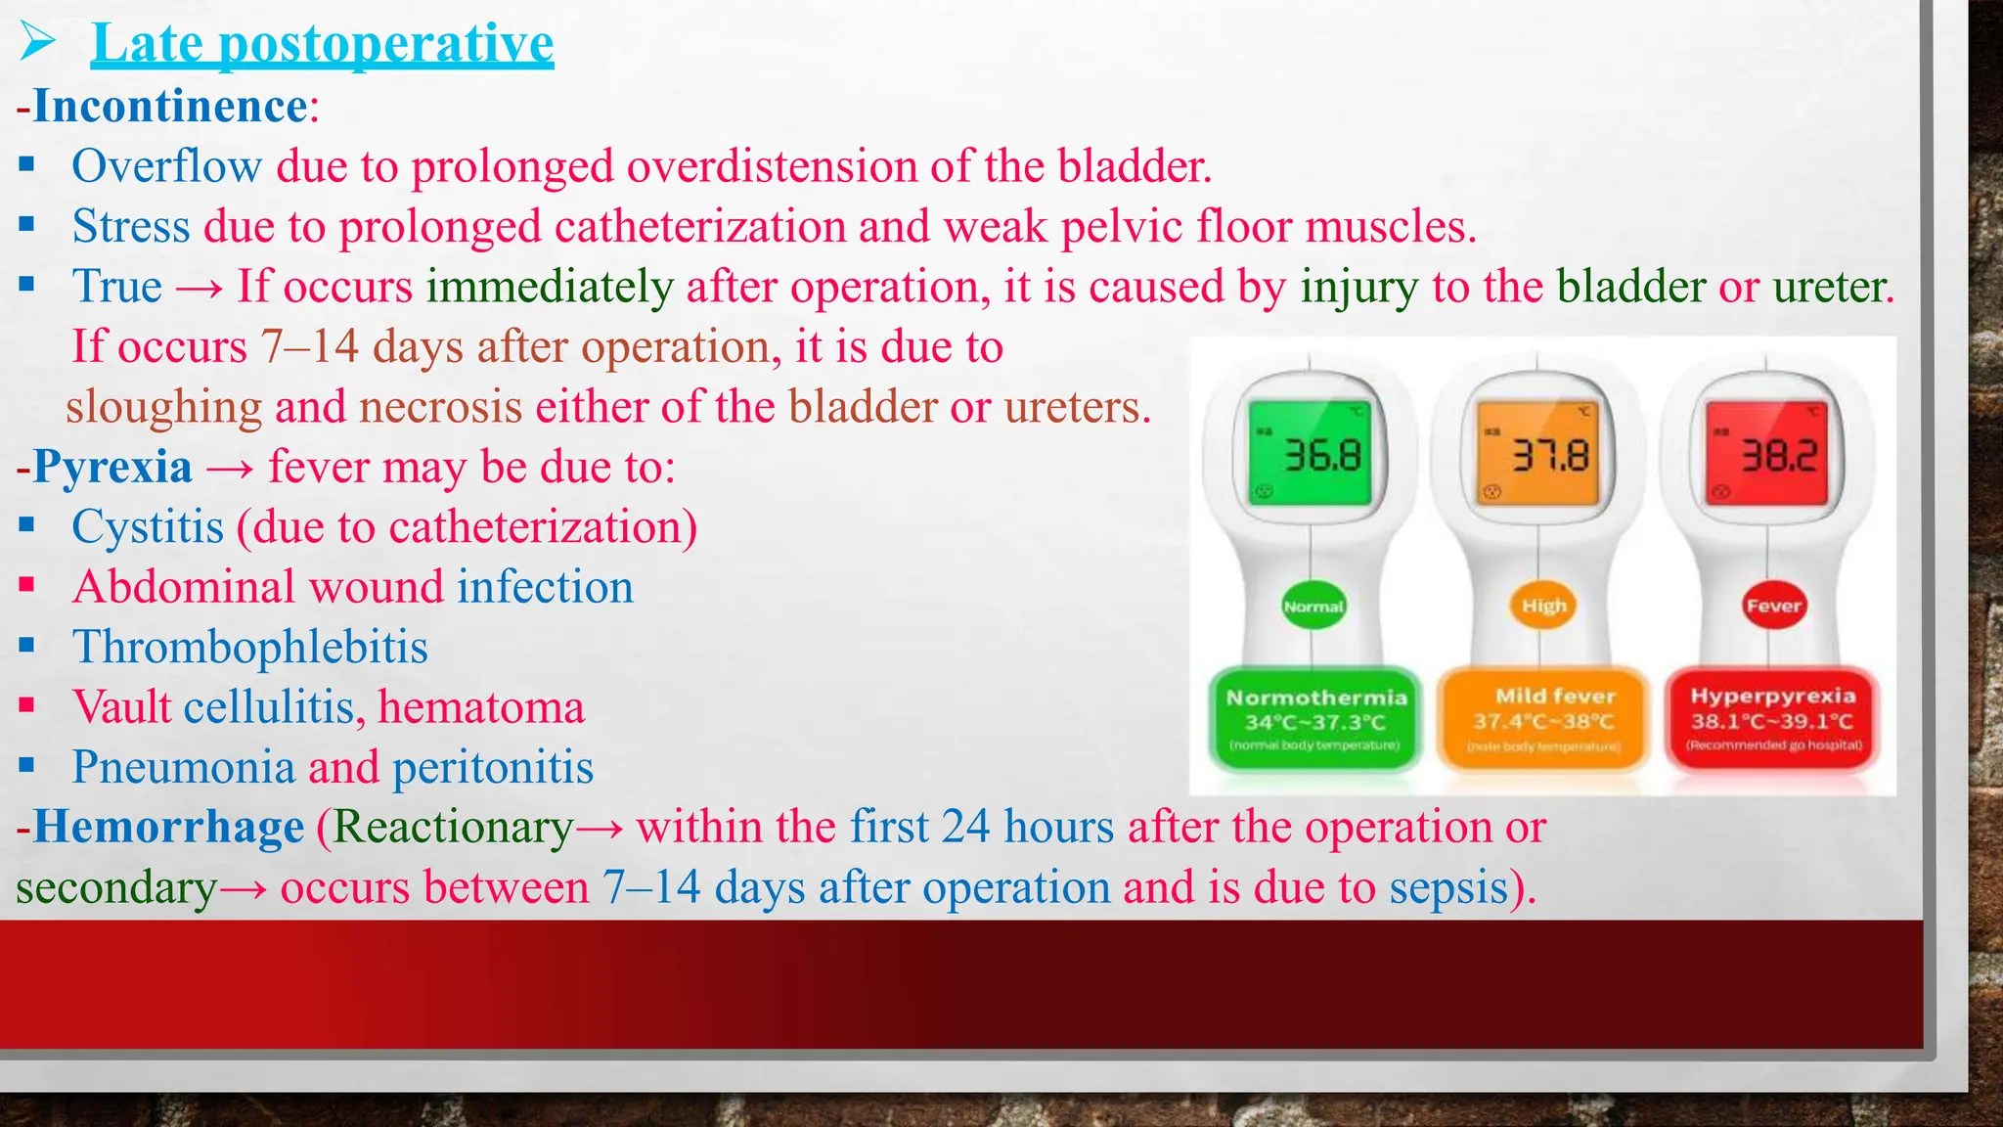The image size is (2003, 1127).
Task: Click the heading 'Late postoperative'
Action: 323,44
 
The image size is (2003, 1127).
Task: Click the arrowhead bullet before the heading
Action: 39,43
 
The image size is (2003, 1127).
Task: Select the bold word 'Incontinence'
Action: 171,106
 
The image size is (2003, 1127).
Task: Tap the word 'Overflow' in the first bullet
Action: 167,166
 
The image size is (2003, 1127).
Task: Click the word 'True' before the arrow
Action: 117,287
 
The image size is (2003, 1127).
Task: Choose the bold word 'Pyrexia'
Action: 112,467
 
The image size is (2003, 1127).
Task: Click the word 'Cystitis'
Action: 148,527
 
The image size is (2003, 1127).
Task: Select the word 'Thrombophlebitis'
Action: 250,648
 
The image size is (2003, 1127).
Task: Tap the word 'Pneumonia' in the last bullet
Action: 183,767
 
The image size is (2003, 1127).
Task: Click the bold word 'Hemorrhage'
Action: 169,827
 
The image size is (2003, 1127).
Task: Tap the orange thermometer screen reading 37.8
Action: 1539,454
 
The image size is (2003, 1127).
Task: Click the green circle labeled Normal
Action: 1313,607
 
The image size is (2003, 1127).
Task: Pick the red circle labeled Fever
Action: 1773,606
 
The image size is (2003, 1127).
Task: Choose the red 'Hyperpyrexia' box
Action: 1773,719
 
